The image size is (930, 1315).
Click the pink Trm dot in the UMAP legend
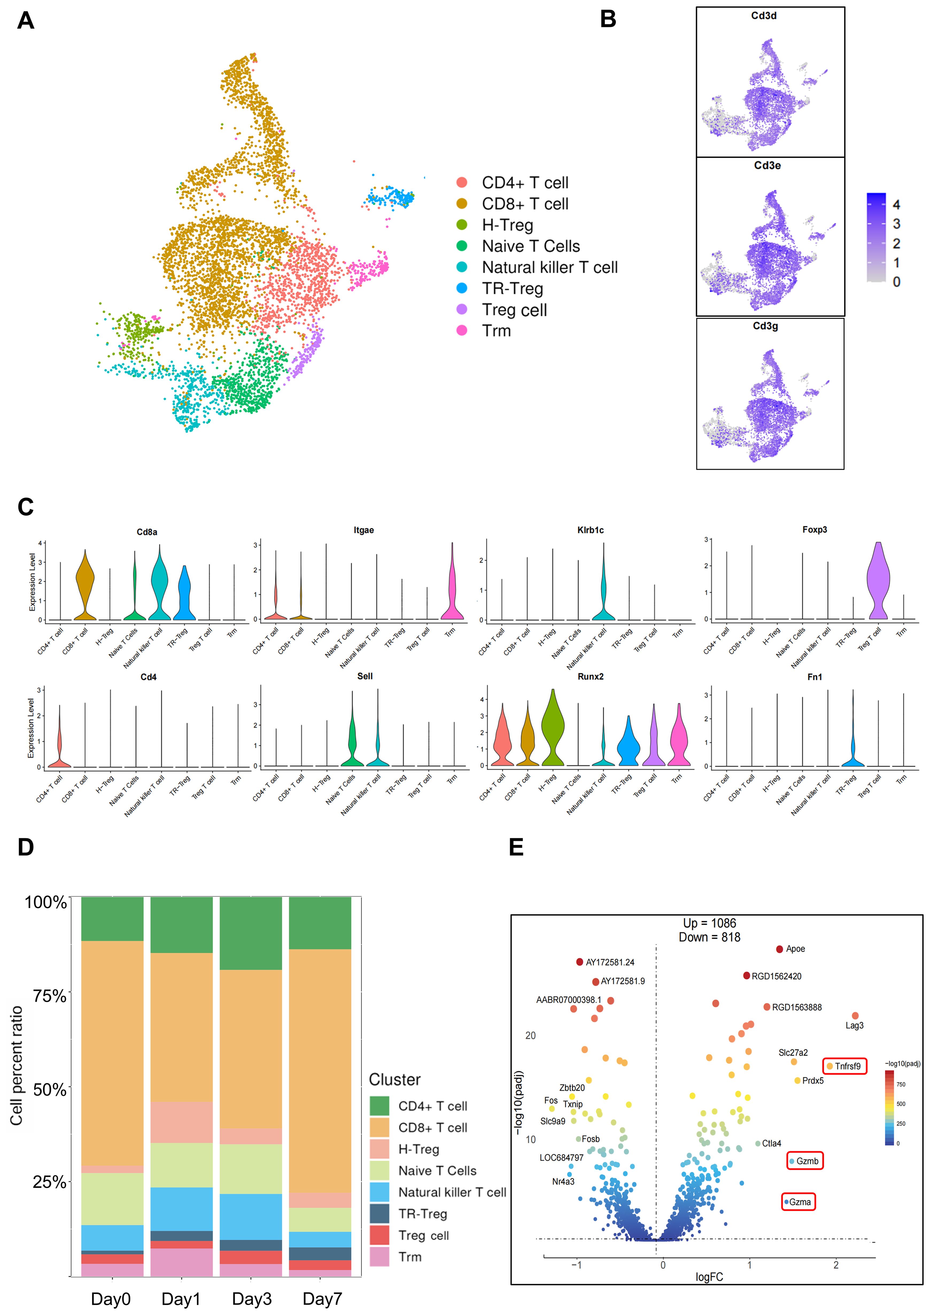[462, 330]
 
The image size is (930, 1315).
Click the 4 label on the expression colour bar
[896, 205]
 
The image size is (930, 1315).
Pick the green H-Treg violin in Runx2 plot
[553, 727]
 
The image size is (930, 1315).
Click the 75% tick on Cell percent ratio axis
[50, 996]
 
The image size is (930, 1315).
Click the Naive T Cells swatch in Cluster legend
[379, 1171]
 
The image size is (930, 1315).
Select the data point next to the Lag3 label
[855, 1016]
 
